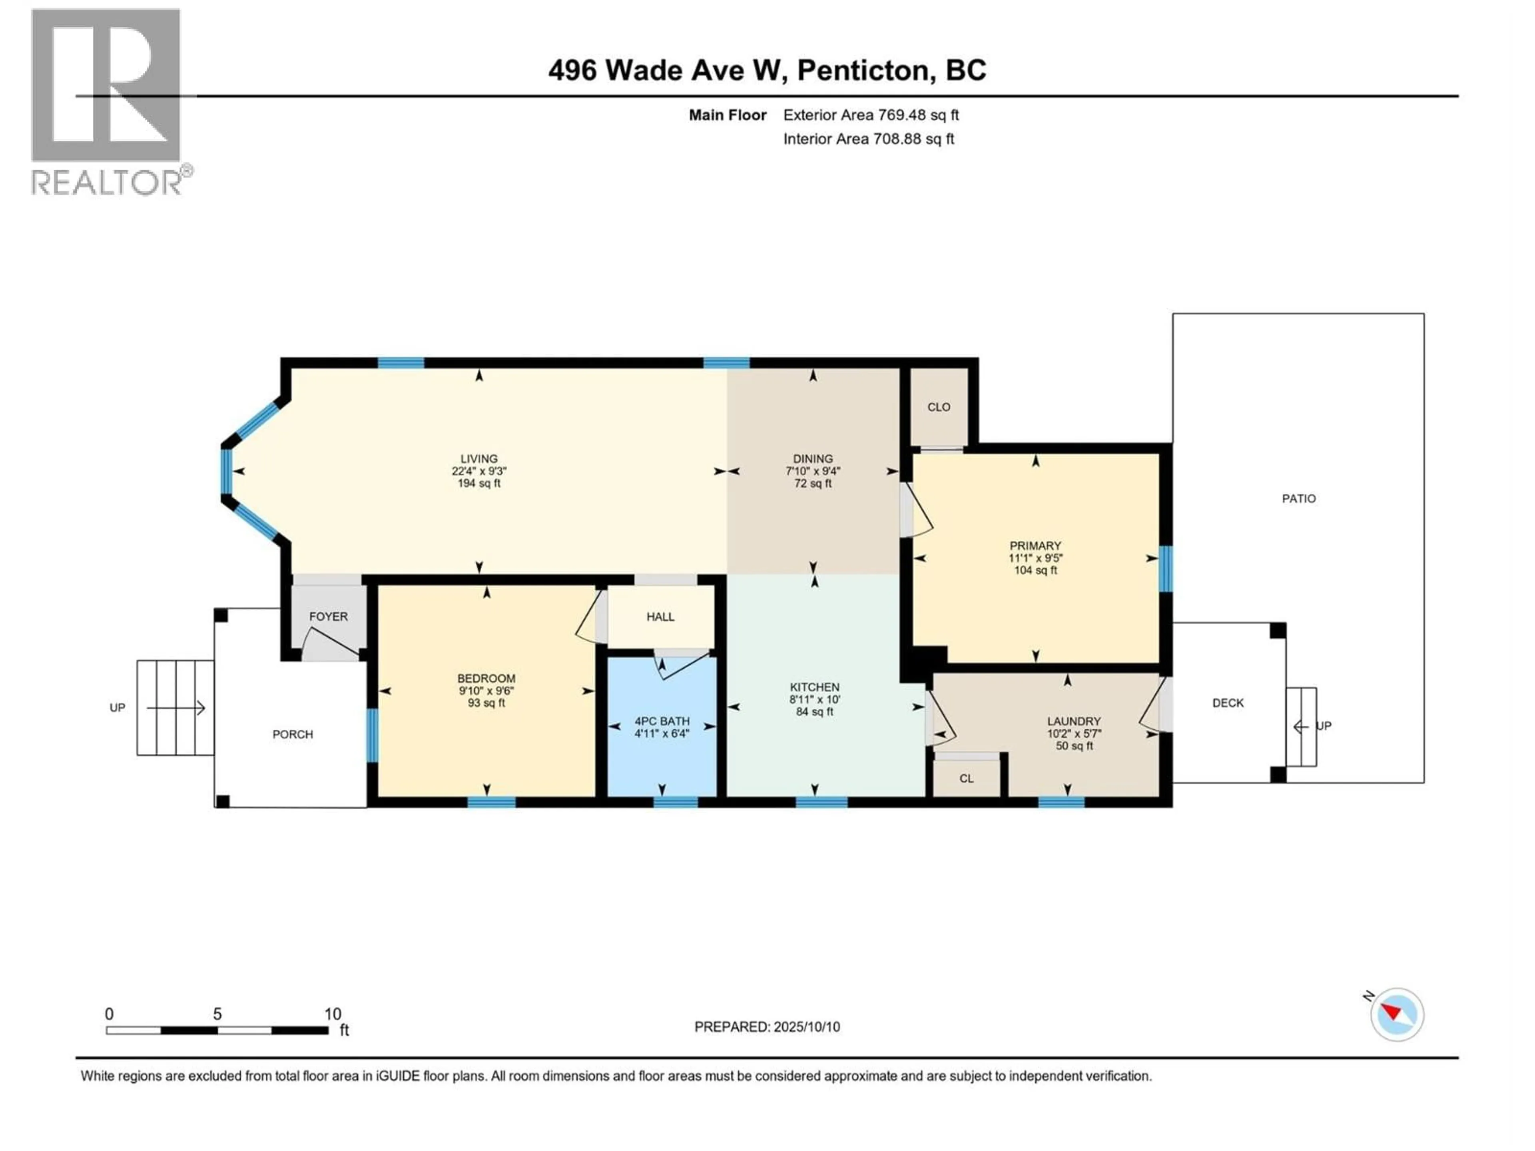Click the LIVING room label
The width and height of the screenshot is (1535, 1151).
point(479,458)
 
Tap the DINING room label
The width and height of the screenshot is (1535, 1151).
point(813,458)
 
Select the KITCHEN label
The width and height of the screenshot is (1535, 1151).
point(815,687)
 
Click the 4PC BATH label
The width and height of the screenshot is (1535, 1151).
point(662,721)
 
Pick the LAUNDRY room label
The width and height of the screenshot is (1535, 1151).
point(1074,721)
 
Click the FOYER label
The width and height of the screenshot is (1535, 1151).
point(328,617)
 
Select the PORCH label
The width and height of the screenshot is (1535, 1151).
point(293,735)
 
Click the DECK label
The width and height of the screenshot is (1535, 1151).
point(1228,703)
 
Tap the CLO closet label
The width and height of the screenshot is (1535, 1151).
point(939,407)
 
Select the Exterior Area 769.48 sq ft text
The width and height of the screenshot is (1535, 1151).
point(871,115)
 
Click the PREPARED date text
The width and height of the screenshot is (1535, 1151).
point(767,1027)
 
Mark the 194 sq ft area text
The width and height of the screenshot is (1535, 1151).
point(479,484)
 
